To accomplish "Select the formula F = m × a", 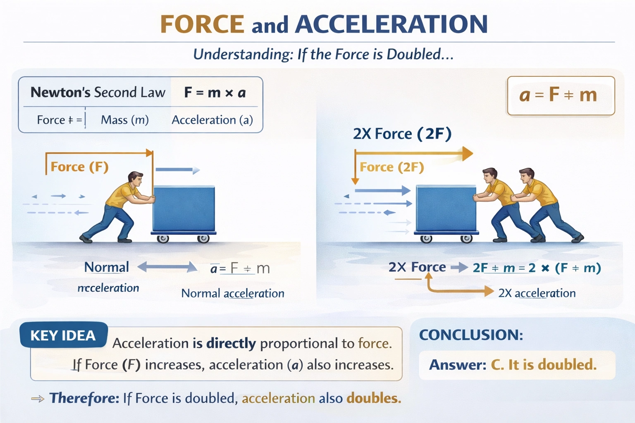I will [x=215, y=93].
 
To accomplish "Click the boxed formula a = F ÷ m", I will [x=559, y=95].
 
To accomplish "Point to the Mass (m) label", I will [x=125, y=120].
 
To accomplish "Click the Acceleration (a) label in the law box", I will [x=212, y=120].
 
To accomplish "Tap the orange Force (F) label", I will [x=79, y=167].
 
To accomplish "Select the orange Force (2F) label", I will [x=392, y=167].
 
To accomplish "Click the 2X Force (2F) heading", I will [x=402, y=134].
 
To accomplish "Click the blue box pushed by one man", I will [x=184, y=209].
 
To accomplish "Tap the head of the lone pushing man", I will [x=135, y=179].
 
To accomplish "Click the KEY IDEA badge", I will [x=63, y=335].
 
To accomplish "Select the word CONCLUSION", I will [x=471, y=335].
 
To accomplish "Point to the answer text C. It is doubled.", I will [x=544, y=365].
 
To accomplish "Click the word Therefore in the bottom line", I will [x=84, y=398].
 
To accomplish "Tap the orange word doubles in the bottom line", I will [x=374, y=398].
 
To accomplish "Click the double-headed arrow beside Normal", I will [x=167, y=267].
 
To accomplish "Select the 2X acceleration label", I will [x=537, y=293].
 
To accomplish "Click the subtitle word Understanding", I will [x=243, y=55].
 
